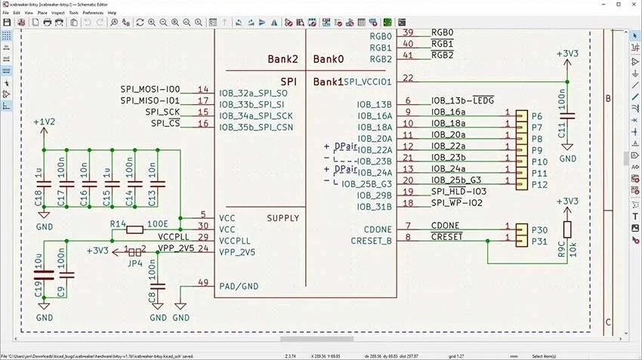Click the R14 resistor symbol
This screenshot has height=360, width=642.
coord(135,229)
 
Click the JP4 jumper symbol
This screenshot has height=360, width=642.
coord(135,251)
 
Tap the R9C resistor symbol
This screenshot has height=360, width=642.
coord(567,230)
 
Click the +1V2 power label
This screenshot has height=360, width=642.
coord(44,122)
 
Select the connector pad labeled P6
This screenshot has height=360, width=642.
coord(521,115)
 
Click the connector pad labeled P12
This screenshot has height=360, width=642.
coord(521,184)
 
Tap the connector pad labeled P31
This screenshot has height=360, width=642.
coord(521,242)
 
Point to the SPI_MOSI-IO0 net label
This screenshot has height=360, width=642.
coord(150,89)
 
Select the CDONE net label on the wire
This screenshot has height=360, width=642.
coord(445,226)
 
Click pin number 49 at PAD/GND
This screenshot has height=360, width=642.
coord(202,282)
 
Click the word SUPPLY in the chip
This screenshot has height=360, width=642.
coord(283,218)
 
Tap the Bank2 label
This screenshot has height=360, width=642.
coord(283,59)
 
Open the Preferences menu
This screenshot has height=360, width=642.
coord(93,13)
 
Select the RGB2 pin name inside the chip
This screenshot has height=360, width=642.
coord(381,59)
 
